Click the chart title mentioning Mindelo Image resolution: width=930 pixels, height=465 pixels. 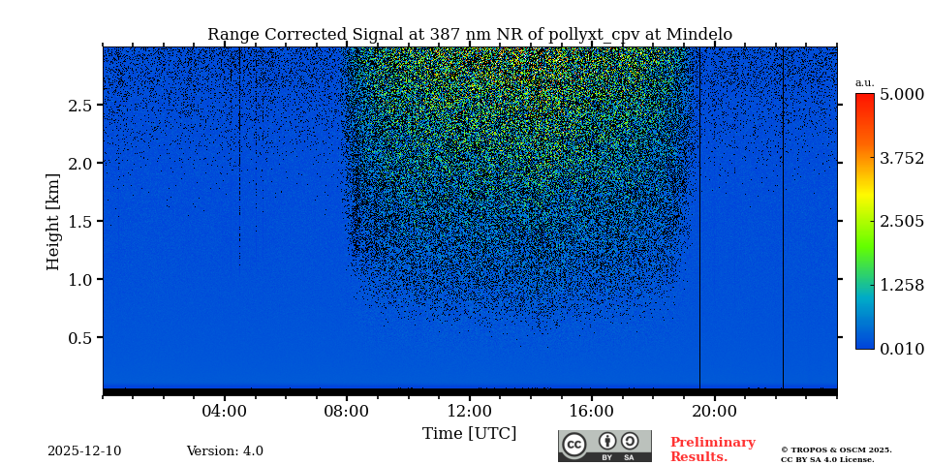[470, 35]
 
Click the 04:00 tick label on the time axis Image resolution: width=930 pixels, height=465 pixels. [225, 411]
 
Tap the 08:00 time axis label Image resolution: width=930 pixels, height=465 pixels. [347, 411]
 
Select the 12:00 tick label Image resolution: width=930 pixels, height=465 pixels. [469, 411]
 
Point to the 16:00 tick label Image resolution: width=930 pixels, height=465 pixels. [591, 411]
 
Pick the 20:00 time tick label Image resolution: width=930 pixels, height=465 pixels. [714, 411]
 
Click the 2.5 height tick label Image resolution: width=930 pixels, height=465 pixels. [79, 106]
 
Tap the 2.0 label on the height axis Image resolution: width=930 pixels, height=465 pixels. [79, 164]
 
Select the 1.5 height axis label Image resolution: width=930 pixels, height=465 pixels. [79, 222]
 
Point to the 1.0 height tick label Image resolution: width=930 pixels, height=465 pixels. [79, 280]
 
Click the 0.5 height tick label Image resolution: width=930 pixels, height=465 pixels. [79, 338]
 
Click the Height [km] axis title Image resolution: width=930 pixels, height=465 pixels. [53, 221]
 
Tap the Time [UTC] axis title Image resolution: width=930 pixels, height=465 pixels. [469, 434]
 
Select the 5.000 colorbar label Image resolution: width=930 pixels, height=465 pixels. [901, 94]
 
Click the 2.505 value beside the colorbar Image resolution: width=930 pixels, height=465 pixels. [901, 222]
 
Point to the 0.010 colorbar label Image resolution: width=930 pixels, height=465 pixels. [901, 349]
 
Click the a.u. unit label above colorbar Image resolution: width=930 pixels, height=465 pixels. [864, 83]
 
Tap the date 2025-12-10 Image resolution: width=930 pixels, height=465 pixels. [84, 451]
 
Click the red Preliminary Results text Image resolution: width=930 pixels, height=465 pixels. [712, 449]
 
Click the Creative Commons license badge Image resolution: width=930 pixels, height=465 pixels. [604, 446]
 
